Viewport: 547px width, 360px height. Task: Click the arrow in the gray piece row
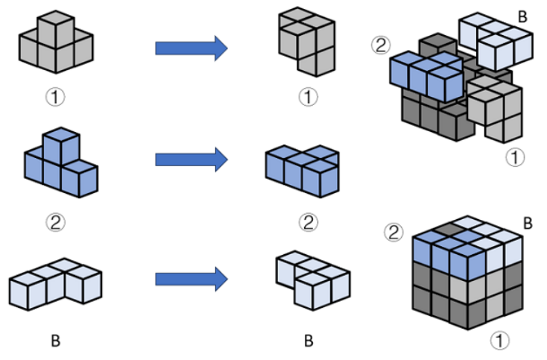coord(190,48)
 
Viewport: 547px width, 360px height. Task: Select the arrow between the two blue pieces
coord(190,159)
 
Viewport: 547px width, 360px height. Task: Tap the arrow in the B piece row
coord(190,279)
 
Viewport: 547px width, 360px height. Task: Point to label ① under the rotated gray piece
coord(307,97)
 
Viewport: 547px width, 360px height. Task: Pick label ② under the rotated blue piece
coord(307,221)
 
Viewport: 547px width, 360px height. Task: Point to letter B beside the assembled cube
coord(526,223)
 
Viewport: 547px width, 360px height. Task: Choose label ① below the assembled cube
coord(501,341)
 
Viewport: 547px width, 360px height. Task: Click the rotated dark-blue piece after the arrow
coord(304,171)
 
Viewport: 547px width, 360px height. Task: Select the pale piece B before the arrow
coord(56,283)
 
